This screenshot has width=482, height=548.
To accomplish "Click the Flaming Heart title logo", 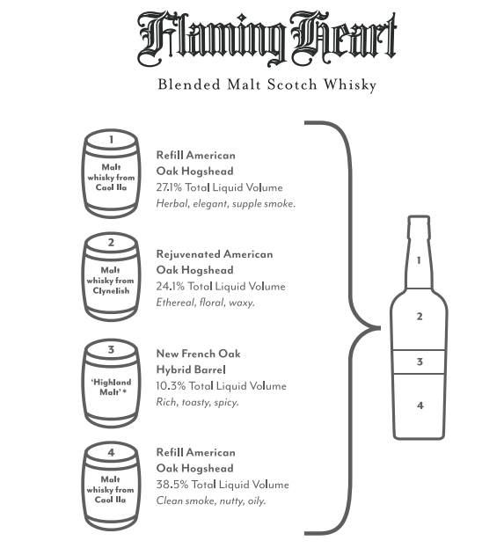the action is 267,38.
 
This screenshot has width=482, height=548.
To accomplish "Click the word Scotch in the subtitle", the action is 292,85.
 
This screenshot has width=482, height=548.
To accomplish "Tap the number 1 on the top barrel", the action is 111,140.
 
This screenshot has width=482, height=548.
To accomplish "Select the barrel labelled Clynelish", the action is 112,277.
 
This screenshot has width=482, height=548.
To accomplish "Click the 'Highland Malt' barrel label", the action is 111,387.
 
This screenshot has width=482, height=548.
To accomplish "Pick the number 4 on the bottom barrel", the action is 111,452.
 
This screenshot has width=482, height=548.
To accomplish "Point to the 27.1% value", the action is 169,187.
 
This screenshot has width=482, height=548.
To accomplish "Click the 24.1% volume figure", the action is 170,287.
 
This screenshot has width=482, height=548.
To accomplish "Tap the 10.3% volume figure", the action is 171,386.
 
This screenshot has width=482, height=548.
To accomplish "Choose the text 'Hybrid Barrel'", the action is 191,369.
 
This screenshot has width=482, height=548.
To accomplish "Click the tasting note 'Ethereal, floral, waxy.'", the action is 206,303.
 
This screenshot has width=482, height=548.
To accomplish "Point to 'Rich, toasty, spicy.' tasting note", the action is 198,402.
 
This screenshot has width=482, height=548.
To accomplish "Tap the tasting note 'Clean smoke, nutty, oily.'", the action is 211,501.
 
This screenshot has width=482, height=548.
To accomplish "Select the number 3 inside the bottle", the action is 420,362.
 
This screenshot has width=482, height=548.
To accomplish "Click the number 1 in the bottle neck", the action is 419,260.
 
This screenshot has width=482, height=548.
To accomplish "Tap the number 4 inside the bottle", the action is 420,406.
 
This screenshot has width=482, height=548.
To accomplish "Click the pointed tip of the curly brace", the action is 380,328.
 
